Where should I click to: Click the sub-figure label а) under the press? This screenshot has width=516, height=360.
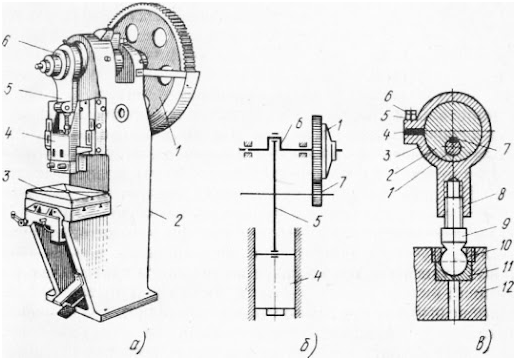pos(137,344)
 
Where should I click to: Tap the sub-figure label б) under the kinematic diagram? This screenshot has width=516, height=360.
pos(307,344)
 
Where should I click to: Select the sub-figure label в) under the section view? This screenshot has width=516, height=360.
pos(482,344)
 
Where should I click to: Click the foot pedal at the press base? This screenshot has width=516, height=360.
pos(67,311)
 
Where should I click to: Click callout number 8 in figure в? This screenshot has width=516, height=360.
pos(500,193)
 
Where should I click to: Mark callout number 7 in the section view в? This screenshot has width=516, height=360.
pos(506,149)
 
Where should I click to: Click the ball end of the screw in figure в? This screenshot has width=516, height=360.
pos(453,261)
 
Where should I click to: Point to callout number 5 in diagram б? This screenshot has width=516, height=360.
pos(316,220)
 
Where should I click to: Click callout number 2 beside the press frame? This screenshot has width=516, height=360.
pos(177,221)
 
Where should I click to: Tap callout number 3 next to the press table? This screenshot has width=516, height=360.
pos(6,177)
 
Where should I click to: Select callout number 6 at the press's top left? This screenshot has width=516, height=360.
pos(7,42)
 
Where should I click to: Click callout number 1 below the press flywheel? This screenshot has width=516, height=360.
pos(177,151)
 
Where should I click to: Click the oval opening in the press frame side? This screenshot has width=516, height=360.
pos(121,112)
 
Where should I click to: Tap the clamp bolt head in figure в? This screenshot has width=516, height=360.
pos(410,116)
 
